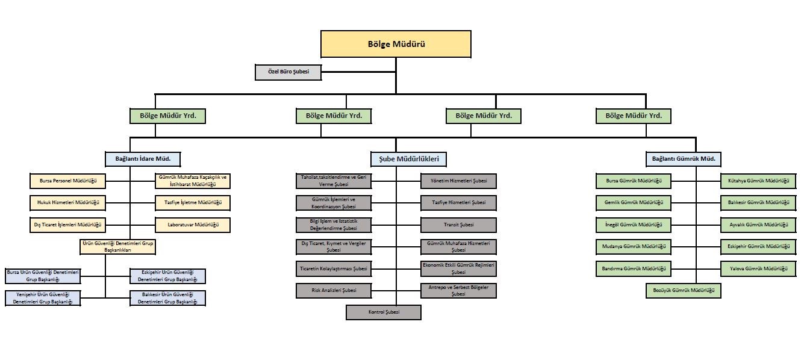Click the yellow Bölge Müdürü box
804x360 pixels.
point(396,44)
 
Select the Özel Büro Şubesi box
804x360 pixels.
point(288,72)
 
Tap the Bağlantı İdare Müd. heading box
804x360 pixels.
point(143,159)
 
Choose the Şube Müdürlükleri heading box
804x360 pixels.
point(408,159)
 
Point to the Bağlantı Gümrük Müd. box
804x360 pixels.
point(683,159)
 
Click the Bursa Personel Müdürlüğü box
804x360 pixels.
point(67,181)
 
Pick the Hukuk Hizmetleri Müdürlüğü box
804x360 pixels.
point(67,203)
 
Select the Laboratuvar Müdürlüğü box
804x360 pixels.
point(193,225)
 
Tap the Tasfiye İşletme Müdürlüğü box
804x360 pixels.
point(193,203)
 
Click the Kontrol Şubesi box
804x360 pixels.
point(384,312)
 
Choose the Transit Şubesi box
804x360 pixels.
point(459,225)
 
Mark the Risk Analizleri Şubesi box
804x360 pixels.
point(333,290)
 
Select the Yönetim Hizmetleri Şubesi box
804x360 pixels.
point(459,181)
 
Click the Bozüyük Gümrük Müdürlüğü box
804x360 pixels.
point(683,290)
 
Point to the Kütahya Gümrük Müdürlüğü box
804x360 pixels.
point(758,181)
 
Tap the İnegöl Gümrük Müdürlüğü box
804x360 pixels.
point(633,225)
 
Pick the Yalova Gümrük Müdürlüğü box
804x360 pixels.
point(758,268)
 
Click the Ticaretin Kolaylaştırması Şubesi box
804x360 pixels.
point(333,268)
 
